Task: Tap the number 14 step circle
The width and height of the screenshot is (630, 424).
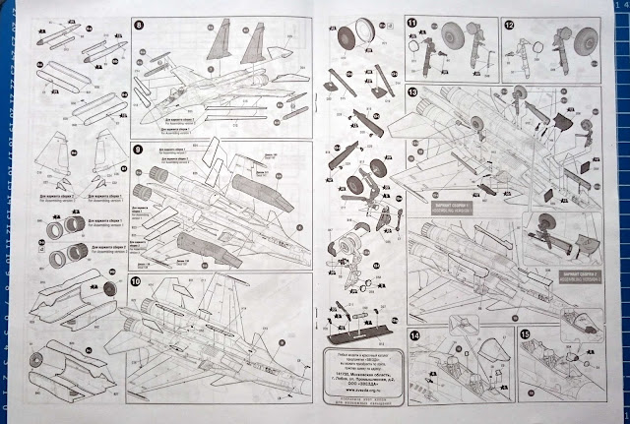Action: pos(415,334)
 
